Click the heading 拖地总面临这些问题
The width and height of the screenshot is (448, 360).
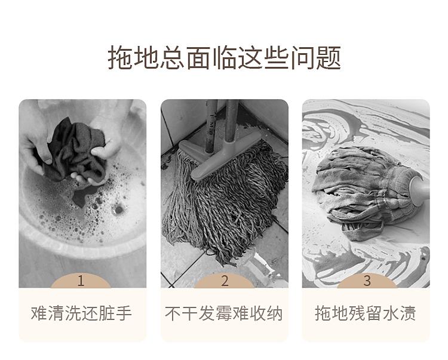point(224,57)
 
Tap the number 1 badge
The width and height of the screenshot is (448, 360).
point(81,281)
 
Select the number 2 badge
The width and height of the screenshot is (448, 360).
point(225,281)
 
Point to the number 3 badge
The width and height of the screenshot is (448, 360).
point(367,281)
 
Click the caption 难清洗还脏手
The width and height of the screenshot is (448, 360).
point(81,313)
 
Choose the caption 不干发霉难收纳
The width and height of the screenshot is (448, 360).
point(224,313)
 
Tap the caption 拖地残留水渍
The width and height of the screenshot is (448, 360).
point(366,313)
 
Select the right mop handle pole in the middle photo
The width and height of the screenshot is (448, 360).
point(231,121)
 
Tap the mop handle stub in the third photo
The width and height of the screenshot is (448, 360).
point(419,188)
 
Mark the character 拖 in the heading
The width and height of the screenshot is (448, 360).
point(120,57)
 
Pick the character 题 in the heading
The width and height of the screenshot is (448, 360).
point(329,57)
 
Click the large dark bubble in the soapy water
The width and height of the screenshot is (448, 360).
point(118,210)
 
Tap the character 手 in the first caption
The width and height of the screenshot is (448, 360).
point(124,313)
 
